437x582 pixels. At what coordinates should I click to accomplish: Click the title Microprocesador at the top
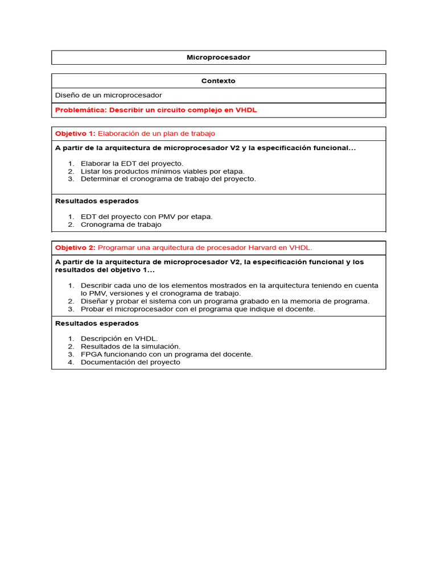click(x=218, y=57)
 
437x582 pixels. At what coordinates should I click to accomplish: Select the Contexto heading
click(x=218, y=81)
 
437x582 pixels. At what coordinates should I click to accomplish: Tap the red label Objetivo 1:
click(x=75, y=134)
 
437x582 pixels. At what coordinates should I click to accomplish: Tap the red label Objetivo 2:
click(x=75, y=248)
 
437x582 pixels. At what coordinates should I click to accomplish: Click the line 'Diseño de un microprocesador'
click(x=108, y=95)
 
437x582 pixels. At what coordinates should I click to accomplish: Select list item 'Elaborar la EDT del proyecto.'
click(x=132, y=164)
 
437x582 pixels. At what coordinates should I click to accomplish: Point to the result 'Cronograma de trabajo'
click(x=121, y=225)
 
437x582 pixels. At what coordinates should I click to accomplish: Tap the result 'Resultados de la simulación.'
click(x=130, y=346)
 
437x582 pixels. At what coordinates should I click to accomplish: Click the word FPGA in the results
click(x=90, y=354)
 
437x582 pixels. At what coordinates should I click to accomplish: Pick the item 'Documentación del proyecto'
click(x=130, y=362)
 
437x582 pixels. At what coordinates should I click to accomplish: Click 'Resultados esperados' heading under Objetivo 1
click(x=97, y=201)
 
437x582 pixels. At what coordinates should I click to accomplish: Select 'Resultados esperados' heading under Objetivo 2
click(x=97, y=323)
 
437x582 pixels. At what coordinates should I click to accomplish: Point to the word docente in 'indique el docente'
click(x=300, y=309)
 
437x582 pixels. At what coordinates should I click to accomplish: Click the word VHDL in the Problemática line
click(x=246, y=110)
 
